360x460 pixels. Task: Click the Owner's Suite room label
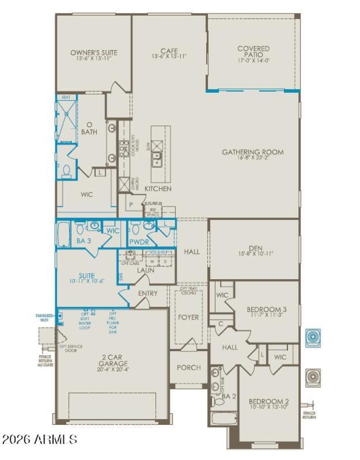(94, 53)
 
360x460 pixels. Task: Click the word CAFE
(169, 50)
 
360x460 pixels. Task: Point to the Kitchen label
(157, 189)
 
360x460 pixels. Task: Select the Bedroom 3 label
(266, 309)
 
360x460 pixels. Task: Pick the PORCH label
(189, 367)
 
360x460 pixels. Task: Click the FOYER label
(188, 317)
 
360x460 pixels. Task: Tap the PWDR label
(139, 241)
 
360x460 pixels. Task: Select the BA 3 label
(84, 241)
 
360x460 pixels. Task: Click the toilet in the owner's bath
(66, 171)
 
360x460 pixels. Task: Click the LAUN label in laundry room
(145, 270)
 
